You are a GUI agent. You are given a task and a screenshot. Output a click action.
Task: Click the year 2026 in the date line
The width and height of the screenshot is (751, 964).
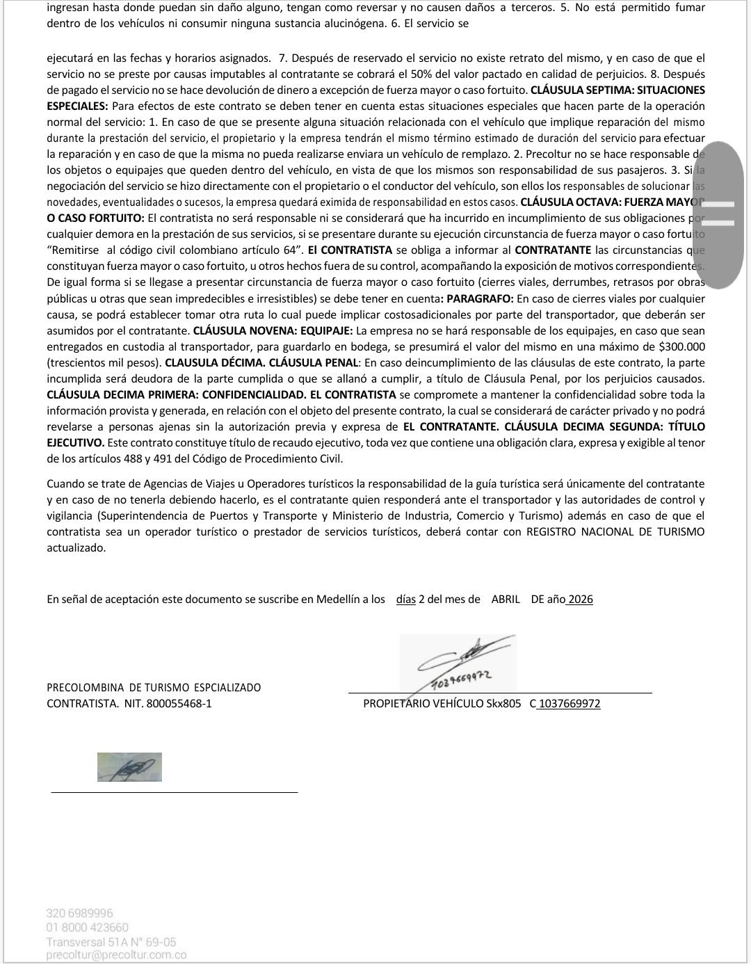coord(580,599)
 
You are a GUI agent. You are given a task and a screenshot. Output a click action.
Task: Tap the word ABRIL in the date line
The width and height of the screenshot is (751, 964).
coord(506,599)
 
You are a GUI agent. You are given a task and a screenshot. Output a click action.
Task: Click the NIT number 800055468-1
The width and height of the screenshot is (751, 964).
coord(179,703)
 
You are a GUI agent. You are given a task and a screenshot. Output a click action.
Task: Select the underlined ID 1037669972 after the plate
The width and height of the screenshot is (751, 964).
coord(570,703)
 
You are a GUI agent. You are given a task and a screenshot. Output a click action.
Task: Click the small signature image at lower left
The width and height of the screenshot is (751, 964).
coord(129,766)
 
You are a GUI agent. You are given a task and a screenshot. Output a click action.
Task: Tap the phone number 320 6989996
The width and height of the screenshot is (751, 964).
coord(79,913)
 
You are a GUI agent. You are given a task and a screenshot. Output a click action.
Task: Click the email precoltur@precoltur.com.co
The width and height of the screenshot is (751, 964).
coord(116,955)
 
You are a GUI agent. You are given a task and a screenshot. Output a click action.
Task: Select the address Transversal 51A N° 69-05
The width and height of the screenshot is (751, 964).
coord(111,942)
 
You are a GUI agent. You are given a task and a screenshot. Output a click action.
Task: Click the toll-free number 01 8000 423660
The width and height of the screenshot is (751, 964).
coord(87,927)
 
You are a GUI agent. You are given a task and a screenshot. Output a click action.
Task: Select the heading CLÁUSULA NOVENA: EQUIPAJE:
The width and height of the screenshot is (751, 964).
coord(273,330)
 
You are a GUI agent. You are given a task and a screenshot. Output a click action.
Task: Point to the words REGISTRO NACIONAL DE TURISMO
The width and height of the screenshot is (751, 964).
coord(615,531)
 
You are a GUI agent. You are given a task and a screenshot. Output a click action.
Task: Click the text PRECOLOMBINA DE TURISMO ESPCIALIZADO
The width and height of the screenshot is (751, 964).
coord(154,687)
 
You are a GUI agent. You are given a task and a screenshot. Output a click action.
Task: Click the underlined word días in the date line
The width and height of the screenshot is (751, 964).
coord(406,599)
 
